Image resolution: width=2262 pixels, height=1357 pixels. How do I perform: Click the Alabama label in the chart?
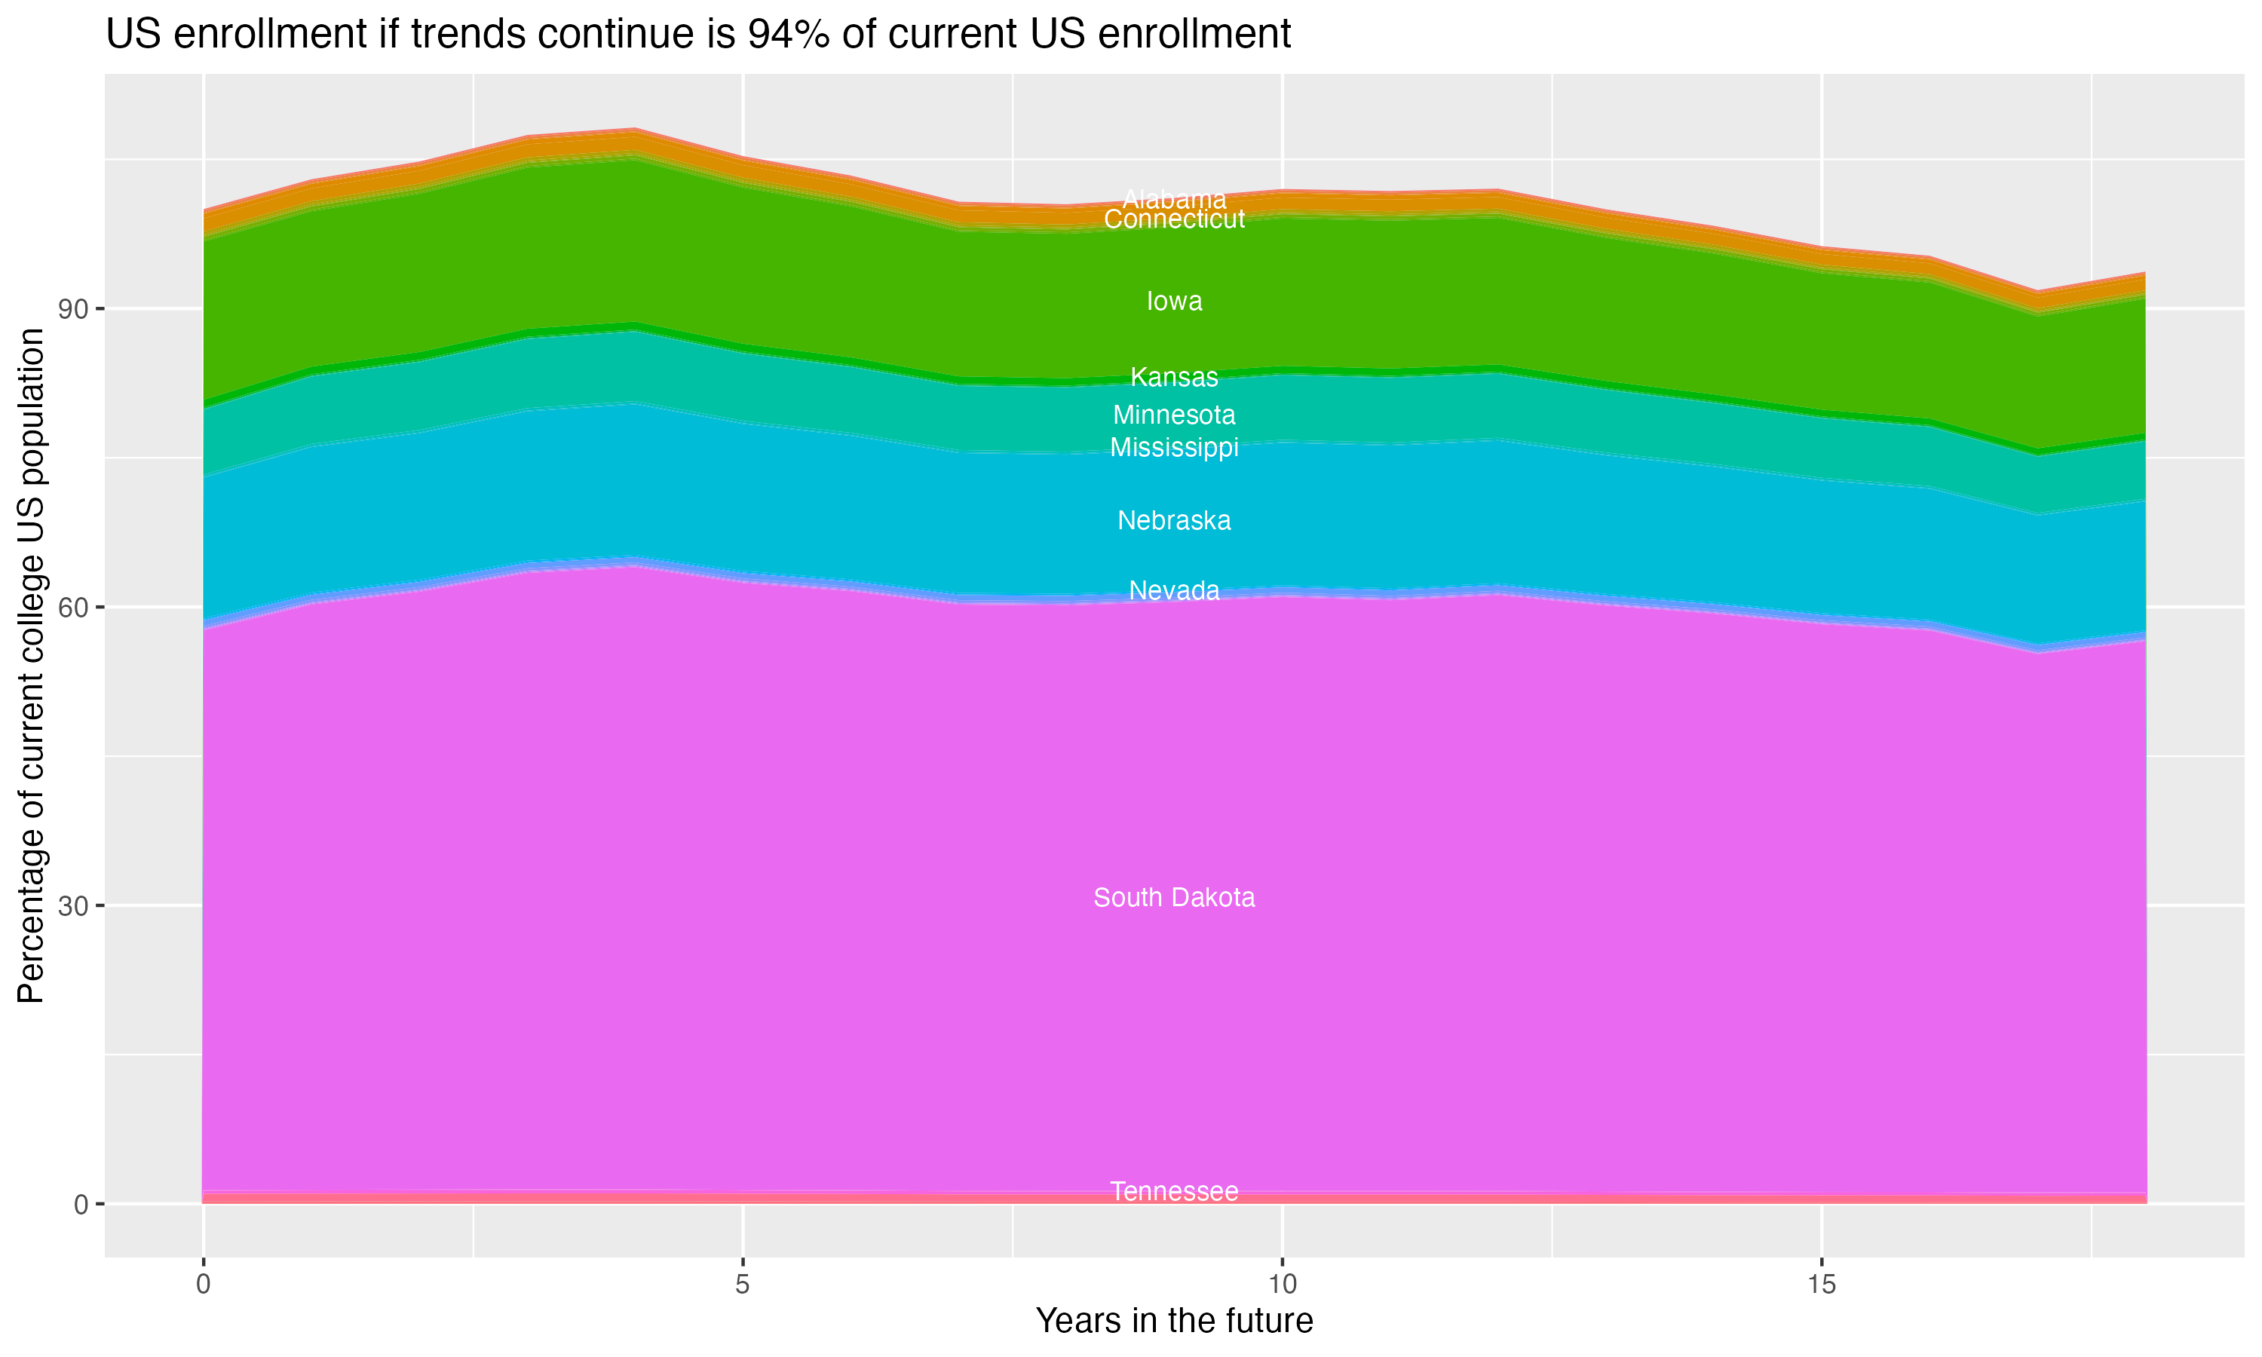pyautogui.click(x=1174, y=198)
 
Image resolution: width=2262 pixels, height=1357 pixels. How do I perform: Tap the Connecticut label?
pyautogui.click(x=1174, y=219)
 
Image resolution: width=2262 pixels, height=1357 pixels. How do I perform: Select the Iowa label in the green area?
pyautogui.click(x=1174, y=302)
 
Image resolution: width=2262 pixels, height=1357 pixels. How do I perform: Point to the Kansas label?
pyautogui.click(x=1174, y=377)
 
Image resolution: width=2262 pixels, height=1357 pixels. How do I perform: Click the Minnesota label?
pyautogui.click(x=1174, y=415)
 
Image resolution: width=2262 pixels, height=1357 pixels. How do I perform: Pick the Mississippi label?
pyautogui.click(x=1174, y=448)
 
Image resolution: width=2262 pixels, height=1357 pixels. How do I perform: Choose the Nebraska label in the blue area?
pyautogui.click(x=1174, y=521)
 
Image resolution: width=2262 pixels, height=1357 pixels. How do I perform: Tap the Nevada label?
pyautogui.click(x=1174, y=591)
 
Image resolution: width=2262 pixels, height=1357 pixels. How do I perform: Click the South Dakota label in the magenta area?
pyautogui.click(x=1174, y=898)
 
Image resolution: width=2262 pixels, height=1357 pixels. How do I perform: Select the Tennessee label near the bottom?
pyautogui.click(x=1174, y=1191)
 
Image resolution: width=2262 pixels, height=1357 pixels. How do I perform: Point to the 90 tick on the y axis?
pyautogui.click(x=73, y=309)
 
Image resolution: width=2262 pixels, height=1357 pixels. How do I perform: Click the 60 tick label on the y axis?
pyautogui.click(x=73, y=607)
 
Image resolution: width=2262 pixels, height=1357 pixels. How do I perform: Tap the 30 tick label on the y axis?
pyautogui.click(x=73, y=906)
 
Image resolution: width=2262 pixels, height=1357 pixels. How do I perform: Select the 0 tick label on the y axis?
pyautogui.click(x=81, y=1204)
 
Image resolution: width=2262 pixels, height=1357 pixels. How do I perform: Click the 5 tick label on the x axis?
pyautogui.click(x=743, y=1285)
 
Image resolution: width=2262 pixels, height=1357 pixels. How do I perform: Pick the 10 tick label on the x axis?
pyautogui.click(x=1282, y=1285)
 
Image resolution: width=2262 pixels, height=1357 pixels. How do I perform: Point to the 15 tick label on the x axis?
pyautogui.click(x=1822, y=1285)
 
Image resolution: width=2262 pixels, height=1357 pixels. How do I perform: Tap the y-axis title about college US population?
pyautogui.click(x=31, y=666)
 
